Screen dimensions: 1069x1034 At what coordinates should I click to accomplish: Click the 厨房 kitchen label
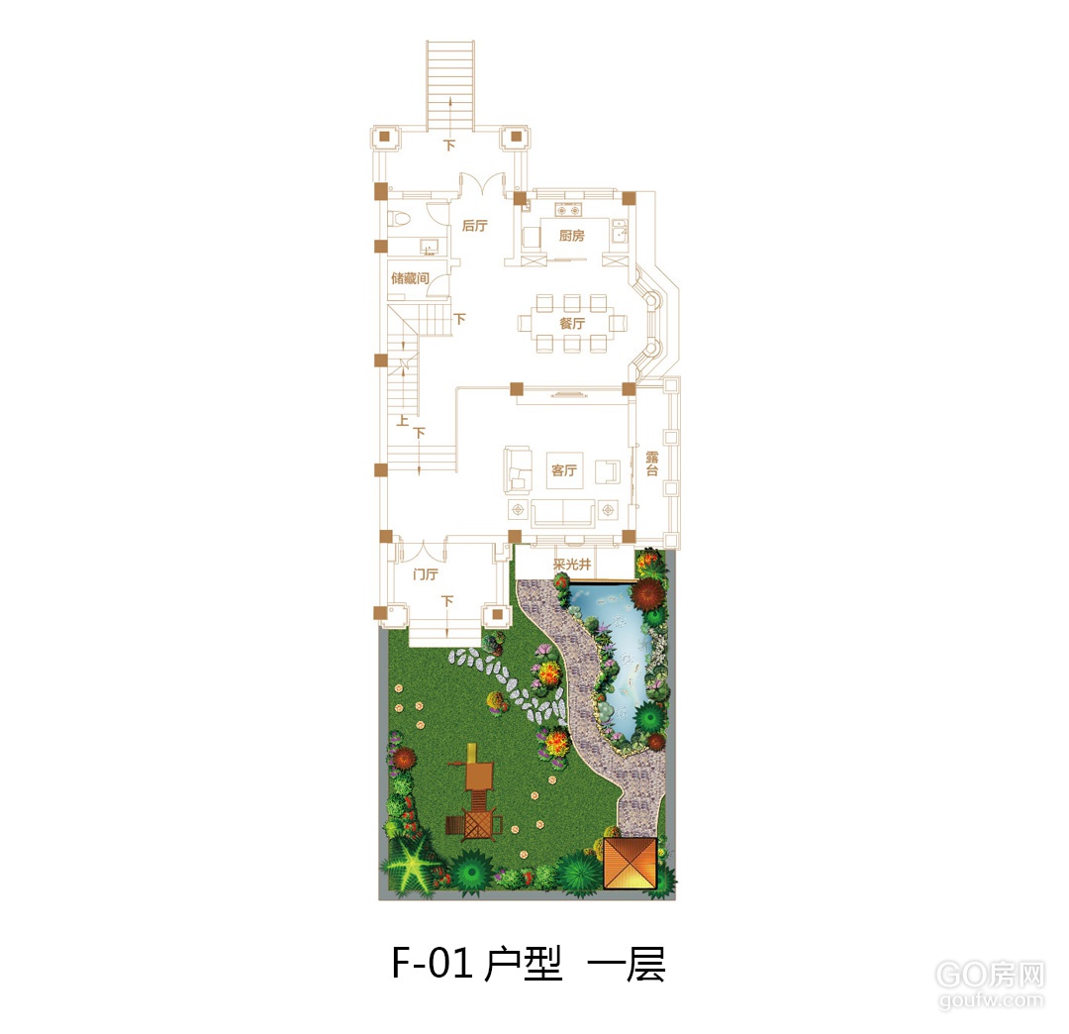(x=571, y=236)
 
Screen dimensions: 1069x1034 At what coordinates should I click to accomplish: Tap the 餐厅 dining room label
(x=572, y=323)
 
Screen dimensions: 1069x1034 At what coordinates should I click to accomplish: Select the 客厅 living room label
(x=564, y=469)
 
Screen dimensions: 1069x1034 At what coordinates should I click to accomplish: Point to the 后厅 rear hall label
(x=474, y=226)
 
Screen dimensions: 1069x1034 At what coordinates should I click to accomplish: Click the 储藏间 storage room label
(x=410, y=278)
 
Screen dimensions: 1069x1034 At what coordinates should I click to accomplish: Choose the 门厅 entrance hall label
(x=426, y=574)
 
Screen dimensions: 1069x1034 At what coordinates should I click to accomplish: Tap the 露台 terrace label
(x=651, y=464)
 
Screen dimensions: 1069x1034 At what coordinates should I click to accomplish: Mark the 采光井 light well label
(x=571, y=565)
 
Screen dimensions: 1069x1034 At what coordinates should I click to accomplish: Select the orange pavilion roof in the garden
(x=630, y=862)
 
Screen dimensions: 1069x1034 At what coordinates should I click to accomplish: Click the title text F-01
(x=432, y=963)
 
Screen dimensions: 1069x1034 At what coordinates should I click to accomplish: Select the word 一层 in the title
(x=626, y=964)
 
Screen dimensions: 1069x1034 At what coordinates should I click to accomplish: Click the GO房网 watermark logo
(x=990, y=976)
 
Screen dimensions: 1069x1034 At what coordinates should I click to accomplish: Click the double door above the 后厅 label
(x=481, y=184)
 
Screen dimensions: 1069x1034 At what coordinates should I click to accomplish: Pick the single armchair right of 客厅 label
(x=608, y=471)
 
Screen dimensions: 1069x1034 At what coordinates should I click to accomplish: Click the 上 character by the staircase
(x=403, y=420)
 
